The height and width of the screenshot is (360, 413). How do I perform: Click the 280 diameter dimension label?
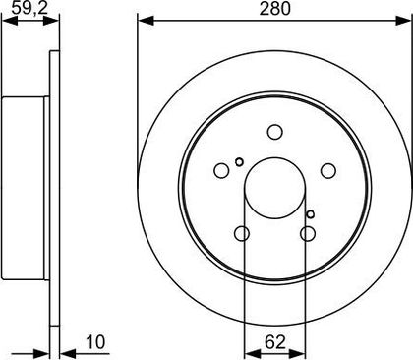(x=274, y=9)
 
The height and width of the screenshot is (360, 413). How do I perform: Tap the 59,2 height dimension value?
(x=29, y=8)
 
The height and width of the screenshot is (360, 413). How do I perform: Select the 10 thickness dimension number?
(x=95, y=342)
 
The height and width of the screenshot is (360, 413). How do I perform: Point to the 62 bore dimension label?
(x=275, y=342)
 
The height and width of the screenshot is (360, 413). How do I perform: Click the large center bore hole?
(x=275, y=188)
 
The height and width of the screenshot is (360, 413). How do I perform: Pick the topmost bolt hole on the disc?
(x=274, y=132)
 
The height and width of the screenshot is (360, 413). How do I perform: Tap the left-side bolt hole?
(x=221, y=170)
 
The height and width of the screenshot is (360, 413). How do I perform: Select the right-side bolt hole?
(x=328, y=170)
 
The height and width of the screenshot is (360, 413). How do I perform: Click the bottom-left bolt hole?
(x=242, y=233)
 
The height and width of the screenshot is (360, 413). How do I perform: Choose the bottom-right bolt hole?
(x=308, y=233)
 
